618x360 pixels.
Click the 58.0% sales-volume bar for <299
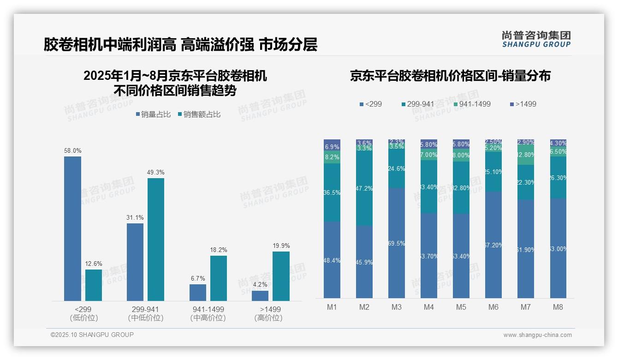(x=72, y=228)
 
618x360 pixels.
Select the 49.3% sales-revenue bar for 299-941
(x=156, y=240)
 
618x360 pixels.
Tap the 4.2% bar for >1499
(x=260, y=296)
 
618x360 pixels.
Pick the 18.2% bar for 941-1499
(x=219, y=278)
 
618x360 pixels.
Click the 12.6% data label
(x=94, y=264)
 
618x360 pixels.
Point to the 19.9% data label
(x=281, y=246)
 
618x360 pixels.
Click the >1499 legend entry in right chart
(x=523, y=104)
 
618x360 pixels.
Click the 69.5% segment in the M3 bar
(x=397, y=243)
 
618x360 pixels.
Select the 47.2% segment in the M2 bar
(x=364, y=189)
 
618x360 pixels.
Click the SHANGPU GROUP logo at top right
(x=536, y=39)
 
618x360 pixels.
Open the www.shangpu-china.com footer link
(x=537, y=335)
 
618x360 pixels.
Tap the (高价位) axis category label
(x=268, y=318)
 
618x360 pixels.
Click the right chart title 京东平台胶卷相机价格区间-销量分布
(x=450, y=76)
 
